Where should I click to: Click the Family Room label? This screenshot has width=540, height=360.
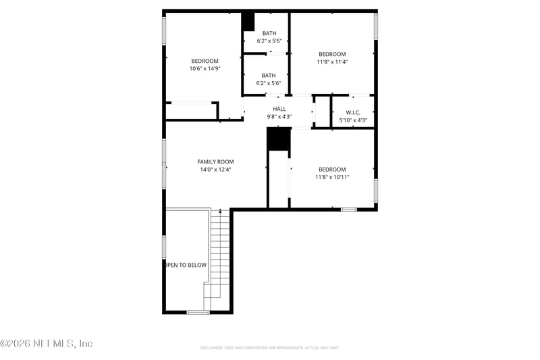click(x=215, y=162)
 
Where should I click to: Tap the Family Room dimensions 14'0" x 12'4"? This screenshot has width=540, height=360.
click(x=215, y=170)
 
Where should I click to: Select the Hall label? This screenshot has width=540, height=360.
click(x=279, y=109)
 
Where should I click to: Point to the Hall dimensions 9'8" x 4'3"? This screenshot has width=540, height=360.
click(x=279, y=117)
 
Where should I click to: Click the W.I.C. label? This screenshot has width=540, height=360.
click(x=354, y=112)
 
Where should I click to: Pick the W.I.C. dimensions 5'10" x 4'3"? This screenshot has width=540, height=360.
click(x=353, y=121)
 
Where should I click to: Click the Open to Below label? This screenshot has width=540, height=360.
click(x=186, y=265)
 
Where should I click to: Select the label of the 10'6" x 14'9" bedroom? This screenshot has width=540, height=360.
click(x=205, y=61)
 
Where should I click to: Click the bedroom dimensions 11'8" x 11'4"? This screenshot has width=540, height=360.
click(x=332, y=62)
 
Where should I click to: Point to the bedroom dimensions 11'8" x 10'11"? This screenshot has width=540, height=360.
click(x=332, y=178)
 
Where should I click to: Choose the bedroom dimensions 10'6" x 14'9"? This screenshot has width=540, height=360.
click(x=205, y=69)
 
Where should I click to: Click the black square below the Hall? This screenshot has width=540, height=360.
click(x=278, y=139)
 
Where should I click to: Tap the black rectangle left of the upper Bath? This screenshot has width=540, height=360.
click(x=248, y=22)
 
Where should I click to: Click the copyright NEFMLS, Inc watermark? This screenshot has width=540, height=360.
click(x=47, y=344)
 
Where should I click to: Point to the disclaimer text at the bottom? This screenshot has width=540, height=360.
click(x=269, y=348)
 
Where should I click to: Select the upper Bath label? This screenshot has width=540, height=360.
click(x=269, y=33)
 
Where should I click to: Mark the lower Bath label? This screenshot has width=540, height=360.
click(x=269, y=76)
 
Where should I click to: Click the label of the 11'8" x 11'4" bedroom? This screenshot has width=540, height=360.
click(x=332, y=54)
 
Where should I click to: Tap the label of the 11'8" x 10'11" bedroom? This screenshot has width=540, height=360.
click(x=332, y=170)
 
